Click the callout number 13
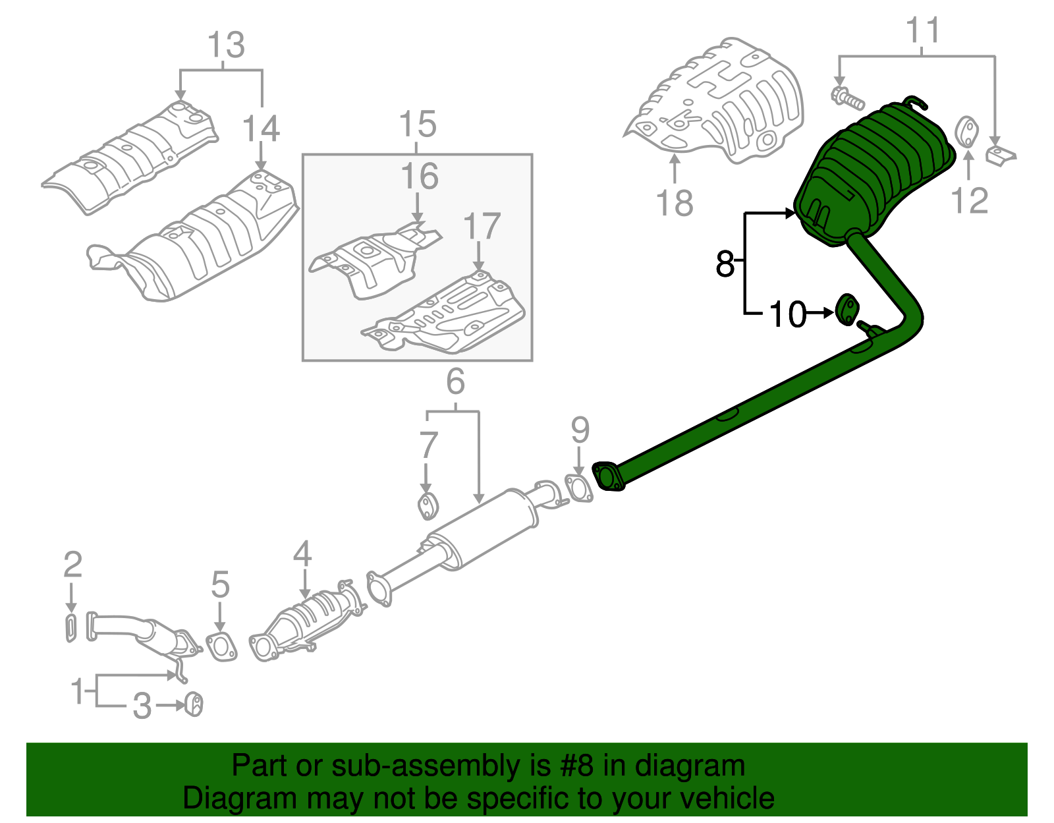coord(226,45)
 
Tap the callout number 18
coord(675,203)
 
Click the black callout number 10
coord(787,315)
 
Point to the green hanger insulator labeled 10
coord(848,310)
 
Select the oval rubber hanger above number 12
coord(966,132)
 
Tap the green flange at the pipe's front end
coord(608,477)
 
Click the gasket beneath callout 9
coord(578,489)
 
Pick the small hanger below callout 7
coord(428,506)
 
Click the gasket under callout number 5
coord(221,647)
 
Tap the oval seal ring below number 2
coord(71,628)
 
